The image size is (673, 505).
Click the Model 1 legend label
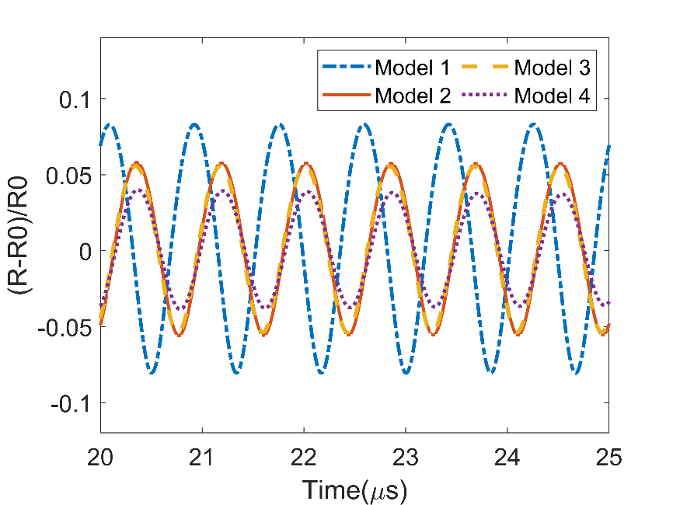pyautogui.click(x=412, y=68)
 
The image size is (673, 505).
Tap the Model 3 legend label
pyautogui.click(x=552, y=68)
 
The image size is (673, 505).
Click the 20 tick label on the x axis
pyautogui.click(x=100, y=458)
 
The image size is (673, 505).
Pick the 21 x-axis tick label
pyautogui.click(x=202, y=458)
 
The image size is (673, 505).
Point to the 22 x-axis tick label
pyautogui.click(x=304, y=458)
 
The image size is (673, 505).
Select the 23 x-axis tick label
pyautogui.click(x=406, y=458)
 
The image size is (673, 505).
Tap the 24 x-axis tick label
pyautogui.click(x=507, y=458)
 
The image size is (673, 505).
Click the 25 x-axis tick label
pyautogui.click(x=608, y=458)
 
